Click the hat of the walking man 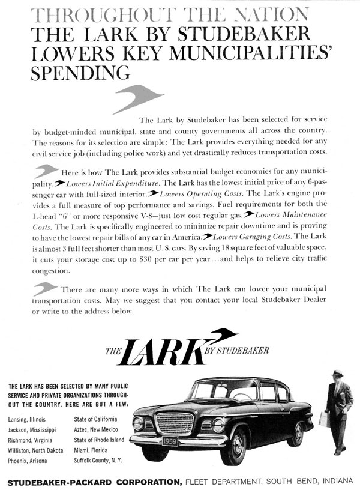coord(337,374)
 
